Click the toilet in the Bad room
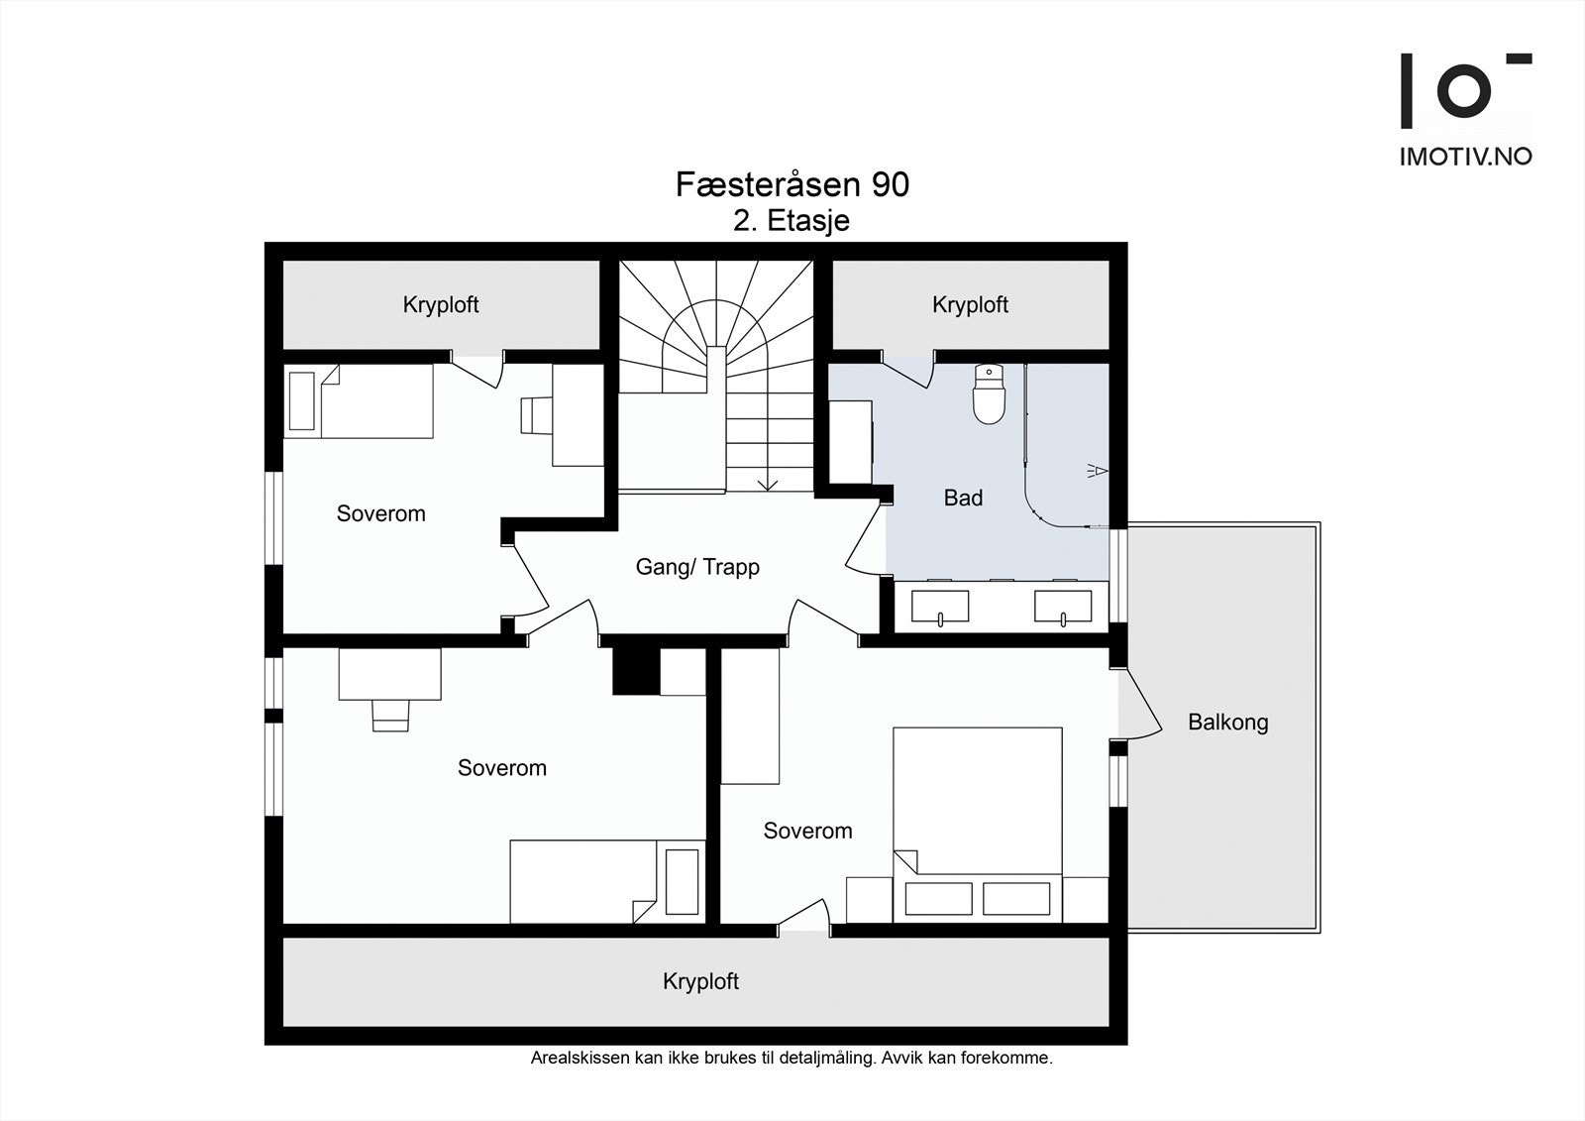[989, 393]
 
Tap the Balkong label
[1227, 723]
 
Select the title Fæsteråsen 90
[792, 184]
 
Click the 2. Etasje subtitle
[792, 221]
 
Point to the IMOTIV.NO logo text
[1465, 157]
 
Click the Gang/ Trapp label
[697, 567]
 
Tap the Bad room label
[963, 498]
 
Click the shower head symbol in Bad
[1097, 470]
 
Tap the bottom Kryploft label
[700, 981]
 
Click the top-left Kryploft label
[441, 305]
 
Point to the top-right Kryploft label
[970, 305]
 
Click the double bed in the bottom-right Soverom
[977, 825]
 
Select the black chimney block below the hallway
[636, 671]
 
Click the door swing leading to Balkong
[1140, 705]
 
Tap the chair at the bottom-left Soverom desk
[390, 716]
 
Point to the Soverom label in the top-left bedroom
[380, 513]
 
